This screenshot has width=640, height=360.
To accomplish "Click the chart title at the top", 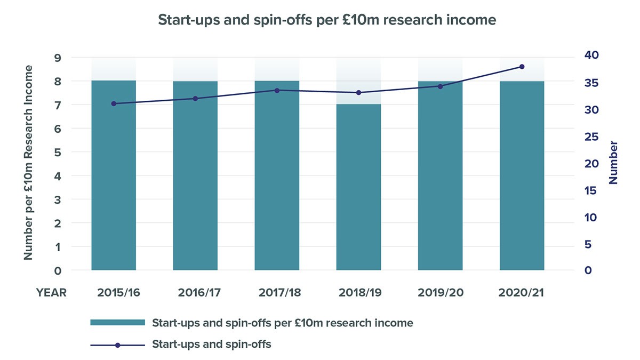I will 327,20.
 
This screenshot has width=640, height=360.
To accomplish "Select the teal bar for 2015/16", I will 114,176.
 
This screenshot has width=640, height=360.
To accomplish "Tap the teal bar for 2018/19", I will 358,187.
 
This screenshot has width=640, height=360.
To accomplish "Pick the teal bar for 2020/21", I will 522,176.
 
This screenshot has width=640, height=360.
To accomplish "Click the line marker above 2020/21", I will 522,67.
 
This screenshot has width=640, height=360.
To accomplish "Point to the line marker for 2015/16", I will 114,103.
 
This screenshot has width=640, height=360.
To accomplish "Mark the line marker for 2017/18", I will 277,90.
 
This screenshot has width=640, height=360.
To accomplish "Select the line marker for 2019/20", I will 440,86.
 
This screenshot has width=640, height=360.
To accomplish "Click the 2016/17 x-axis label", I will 195,292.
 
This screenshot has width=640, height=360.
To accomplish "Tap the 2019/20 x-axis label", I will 440,292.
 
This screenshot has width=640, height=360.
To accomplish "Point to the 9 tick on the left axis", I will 58,58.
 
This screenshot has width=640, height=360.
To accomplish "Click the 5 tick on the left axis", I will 58,152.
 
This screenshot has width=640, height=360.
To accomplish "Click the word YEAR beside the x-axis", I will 51,292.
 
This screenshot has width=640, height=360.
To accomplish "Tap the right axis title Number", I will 614,163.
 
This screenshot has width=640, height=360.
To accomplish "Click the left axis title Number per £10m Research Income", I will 29,163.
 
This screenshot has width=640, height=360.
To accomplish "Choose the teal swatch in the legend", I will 117,323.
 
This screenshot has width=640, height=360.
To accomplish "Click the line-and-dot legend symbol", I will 117,345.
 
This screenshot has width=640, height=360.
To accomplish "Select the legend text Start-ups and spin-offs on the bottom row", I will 212,345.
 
